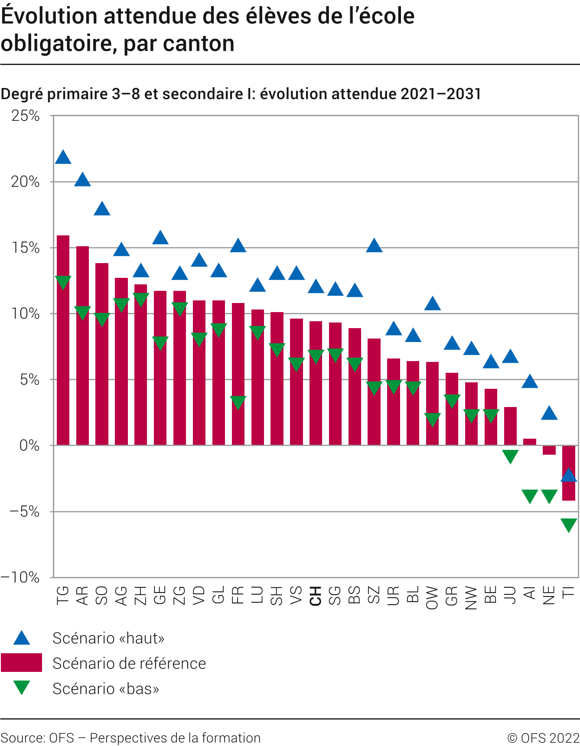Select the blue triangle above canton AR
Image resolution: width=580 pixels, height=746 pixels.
tap(82, 180)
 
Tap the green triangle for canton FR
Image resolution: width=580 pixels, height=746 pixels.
tap(238, 402)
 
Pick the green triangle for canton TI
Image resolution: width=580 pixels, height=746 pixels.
tap(568, 524)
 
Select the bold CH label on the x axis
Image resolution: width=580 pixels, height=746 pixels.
tap(316, 596)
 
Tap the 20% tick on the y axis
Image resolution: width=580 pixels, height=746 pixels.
tap(25, 182)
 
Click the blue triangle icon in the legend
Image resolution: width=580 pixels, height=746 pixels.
tap(21, 638)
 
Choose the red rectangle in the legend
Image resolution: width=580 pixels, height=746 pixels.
tap(21, 663)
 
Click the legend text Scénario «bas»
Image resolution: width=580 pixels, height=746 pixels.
tap(106, 688)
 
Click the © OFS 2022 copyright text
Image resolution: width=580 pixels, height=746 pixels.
tap(543, 738)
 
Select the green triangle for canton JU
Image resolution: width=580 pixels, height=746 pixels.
tap(510, 456)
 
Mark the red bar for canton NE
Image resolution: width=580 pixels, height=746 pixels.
tap(549, 450)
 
